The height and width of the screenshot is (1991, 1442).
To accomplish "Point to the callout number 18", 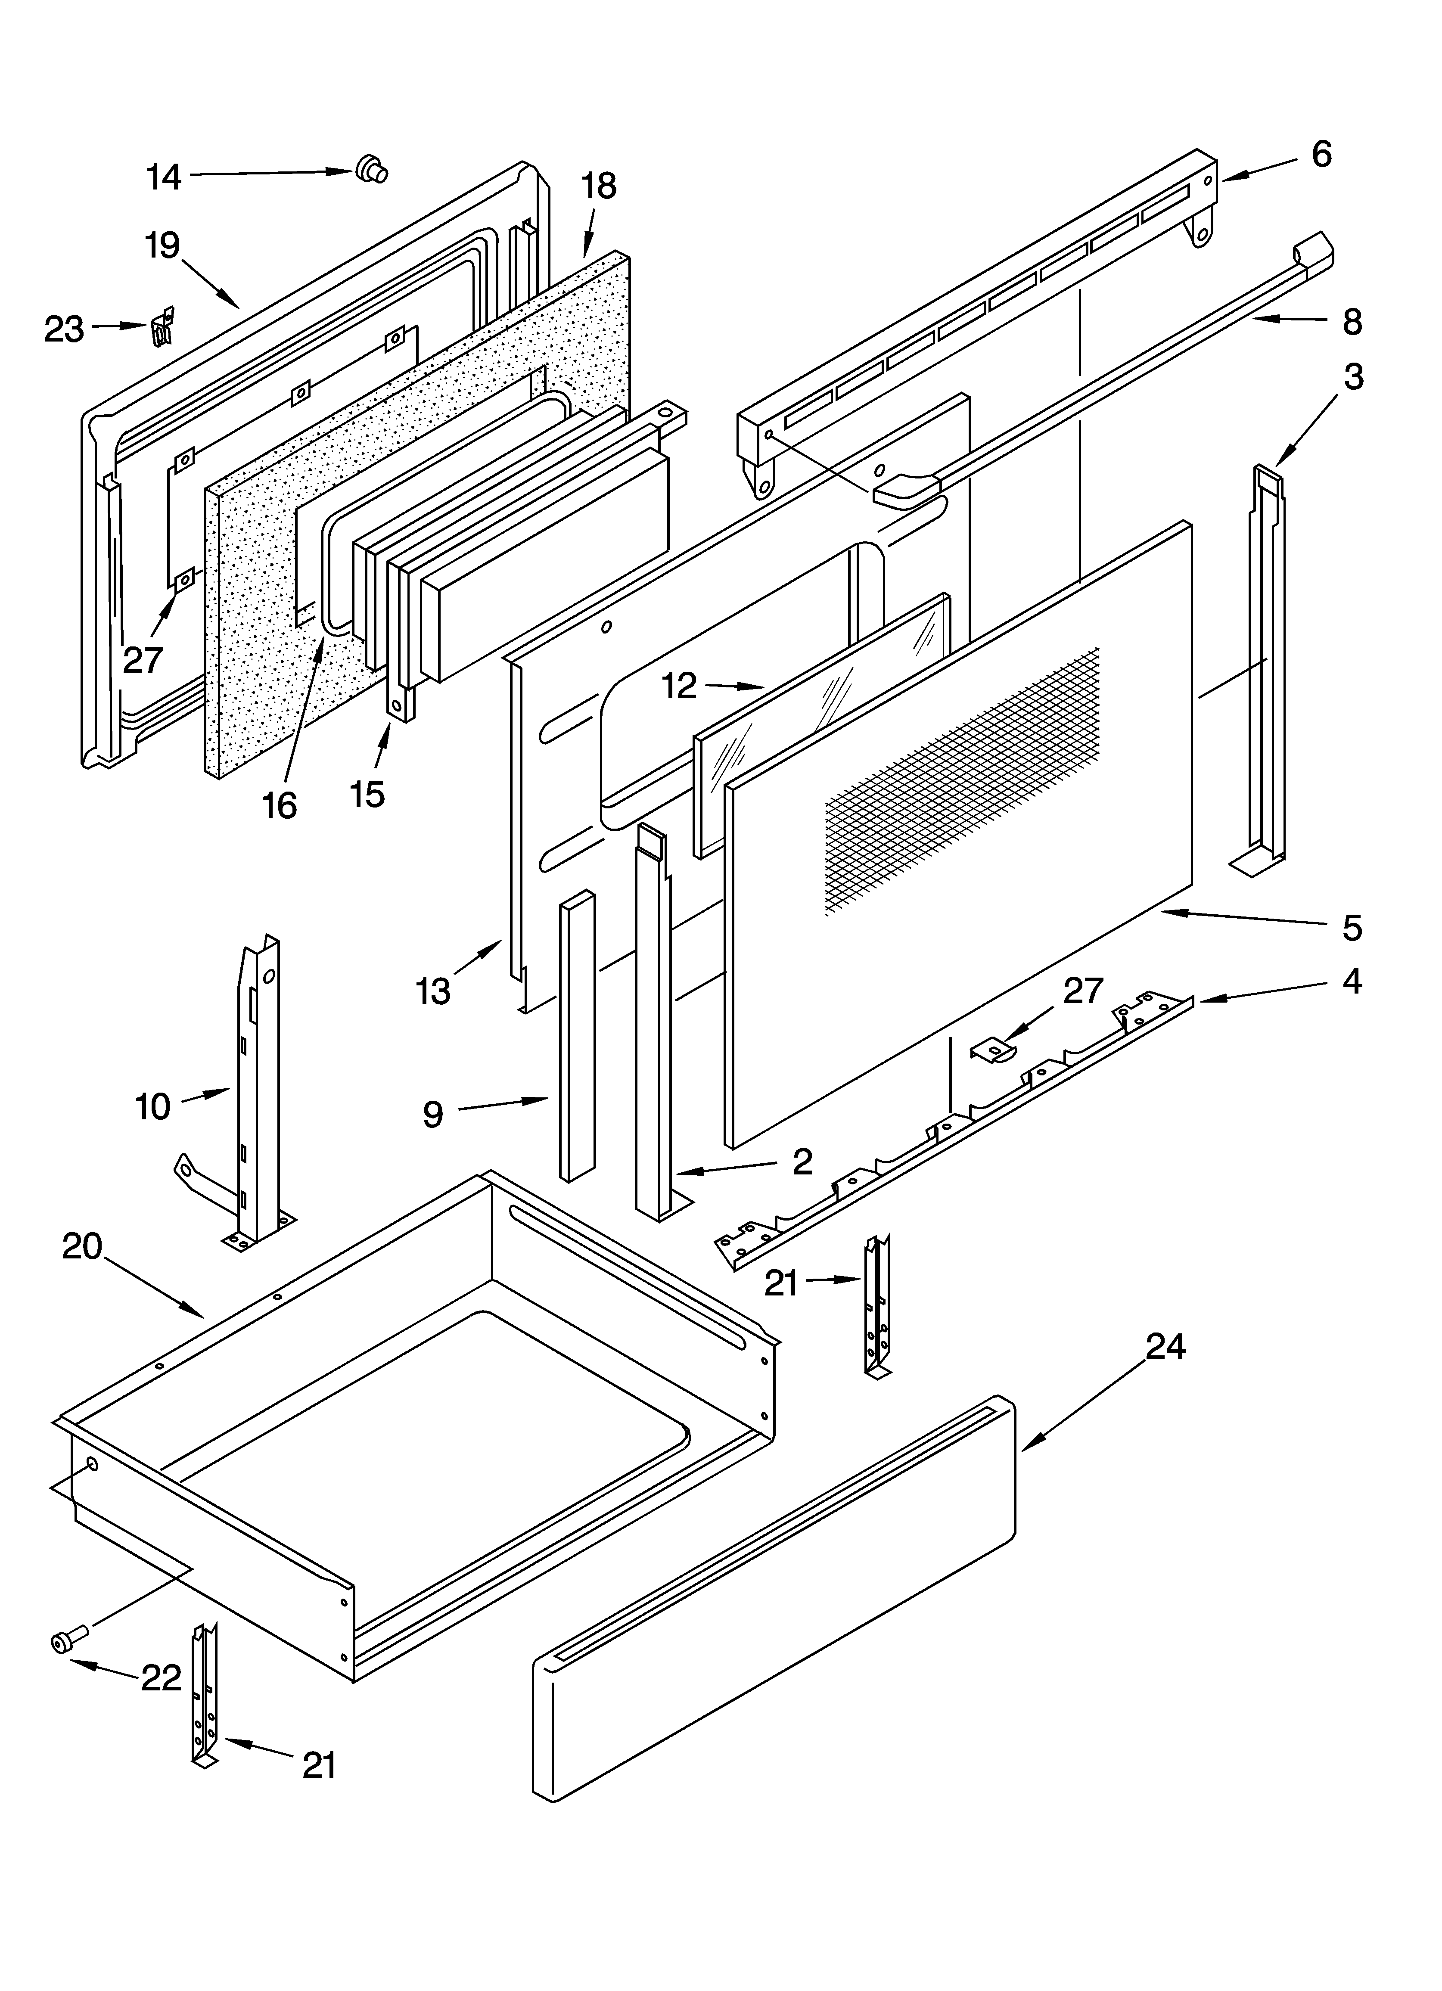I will point(599,186).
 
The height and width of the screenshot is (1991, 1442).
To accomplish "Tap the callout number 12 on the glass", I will point(679,686).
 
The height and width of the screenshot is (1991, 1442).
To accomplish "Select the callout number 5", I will point(1352,928).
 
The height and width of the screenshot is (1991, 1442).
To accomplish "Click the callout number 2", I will point(802,1162).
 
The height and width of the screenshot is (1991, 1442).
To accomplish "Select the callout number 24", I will point(1165,1346).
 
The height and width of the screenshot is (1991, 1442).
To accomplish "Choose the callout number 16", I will point(279,805).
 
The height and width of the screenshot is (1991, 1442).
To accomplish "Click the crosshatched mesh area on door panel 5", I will point(962,781).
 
